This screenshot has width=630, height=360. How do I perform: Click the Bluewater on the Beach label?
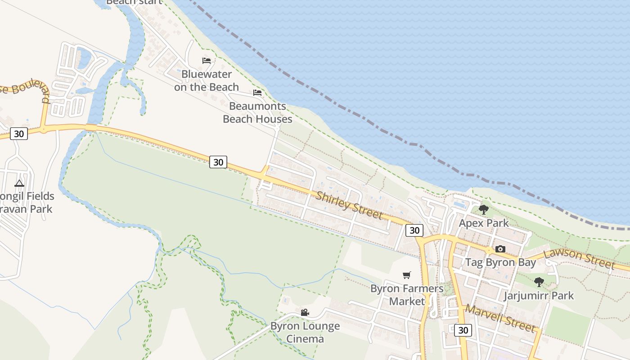(x=207, y=80)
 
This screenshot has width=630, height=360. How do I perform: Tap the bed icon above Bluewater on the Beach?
(x=207, y=60)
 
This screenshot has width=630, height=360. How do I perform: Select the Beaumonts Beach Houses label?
(x=257, y=112)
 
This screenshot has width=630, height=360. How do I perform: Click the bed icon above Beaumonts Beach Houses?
(x=257, y=93)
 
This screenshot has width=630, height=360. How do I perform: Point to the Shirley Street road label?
(x=349, y=205)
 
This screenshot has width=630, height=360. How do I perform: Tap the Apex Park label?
(x=484, y=223)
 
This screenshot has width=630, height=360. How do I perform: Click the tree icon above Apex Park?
(x=484, y=209)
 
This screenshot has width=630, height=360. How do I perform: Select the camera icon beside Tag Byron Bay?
(x=500, y=249)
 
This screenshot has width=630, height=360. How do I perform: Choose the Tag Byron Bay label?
(x=500, y=262)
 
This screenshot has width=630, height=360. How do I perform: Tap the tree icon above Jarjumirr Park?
(x=539, y=282)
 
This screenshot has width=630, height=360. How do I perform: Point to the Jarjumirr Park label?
(x=539, y=296)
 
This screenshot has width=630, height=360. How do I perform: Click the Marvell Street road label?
(x=500, y=318)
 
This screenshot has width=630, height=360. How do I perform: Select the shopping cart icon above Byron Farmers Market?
(x=407, y=275)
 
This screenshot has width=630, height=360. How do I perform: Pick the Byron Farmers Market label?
(x=407, y=295)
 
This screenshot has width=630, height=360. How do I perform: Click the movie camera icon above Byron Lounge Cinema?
(x=305, y=312)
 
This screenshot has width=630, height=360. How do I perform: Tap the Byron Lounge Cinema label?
(x=305, y=332)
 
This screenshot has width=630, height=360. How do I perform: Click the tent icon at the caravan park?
(x=19, y=183)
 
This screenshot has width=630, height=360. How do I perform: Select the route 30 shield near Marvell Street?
(x=463, y=330)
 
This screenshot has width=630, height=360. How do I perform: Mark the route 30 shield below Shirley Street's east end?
(x=414, y=230)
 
